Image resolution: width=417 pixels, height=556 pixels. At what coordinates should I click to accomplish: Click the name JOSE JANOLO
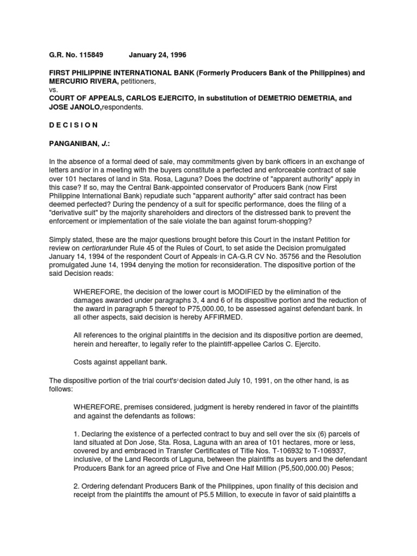(x=70, y=107)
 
